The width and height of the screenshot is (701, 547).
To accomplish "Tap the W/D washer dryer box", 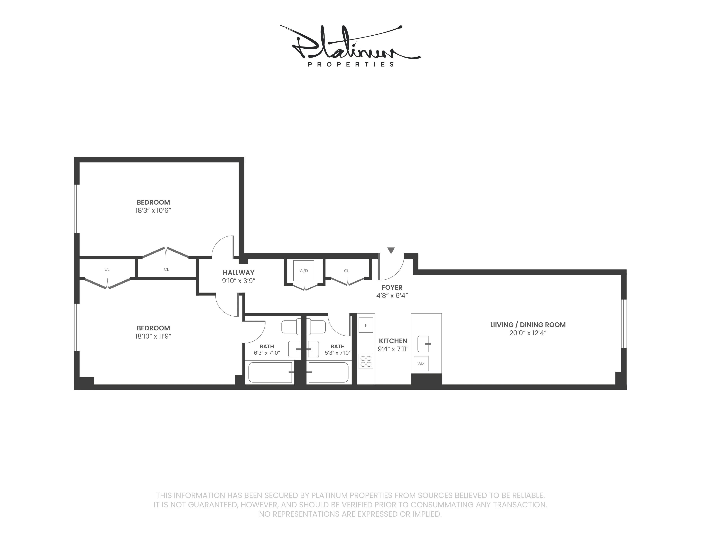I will pos(303,271).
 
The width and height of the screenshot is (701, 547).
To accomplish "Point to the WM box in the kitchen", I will pos(421,364).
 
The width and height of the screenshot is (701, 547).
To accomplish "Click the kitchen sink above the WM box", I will pos(423,344).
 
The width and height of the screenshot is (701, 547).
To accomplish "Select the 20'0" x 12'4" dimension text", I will pos(528,333).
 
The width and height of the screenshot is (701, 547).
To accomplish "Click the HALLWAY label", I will pos(238,273).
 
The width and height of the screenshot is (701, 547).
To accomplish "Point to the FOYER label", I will pos(392,287).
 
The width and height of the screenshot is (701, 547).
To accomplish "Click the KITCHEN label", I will pos(393,341).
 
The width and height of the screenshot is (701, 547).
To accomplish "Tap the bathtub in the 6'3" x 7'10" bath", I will pos(270,372).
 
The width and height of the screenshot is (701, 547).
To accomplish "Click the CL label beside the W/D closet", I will pos(346,271).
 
